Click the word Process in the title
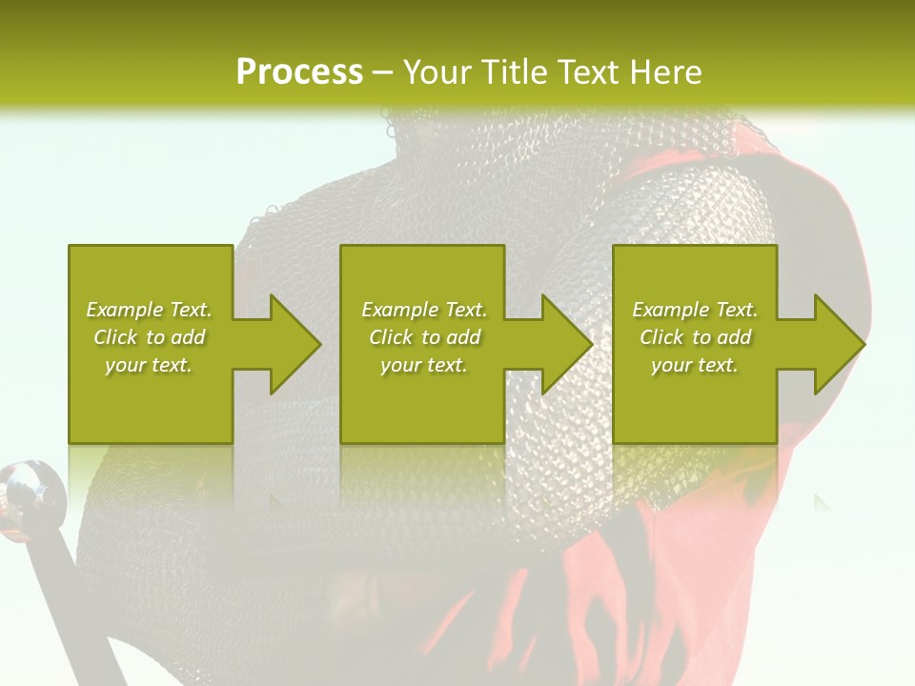pos(299,71)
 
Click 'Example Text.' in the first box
pos(149,310)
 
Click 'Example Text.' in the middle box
pos(424,310)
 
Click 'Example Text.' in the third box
pos(695,310)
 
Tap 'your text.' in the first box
pos(149,365)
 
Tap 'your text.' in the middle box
pos(424,365)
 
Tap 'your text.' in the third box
pos(695,365)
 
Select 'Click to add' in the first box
pos(149,337)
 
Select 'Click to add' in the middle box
pos(424,337)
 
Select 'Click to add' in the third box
pos(695,337)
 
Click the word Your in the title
pos(437,71)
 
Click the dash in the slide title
pos(382,72)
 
